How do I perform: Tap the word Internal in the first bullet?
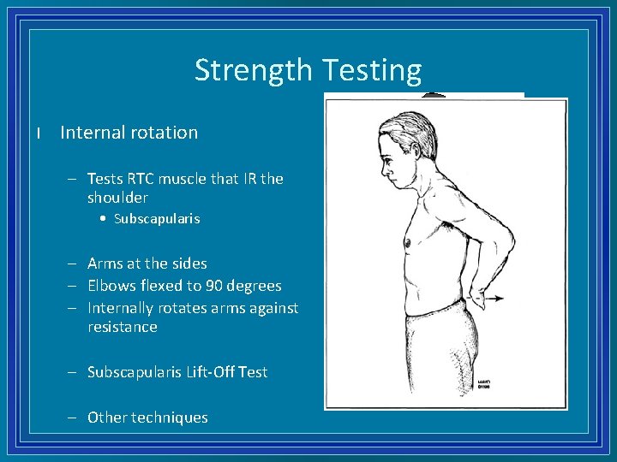coord(90,133)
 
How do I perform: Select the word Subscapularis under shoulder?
coord(157,219)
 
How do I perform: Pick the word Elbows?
coord(111,286)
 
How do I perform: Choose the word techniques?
coord(170,418)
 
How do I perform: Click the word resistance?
coord(123,327)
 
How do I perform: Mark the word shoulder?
coord(117,198)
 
